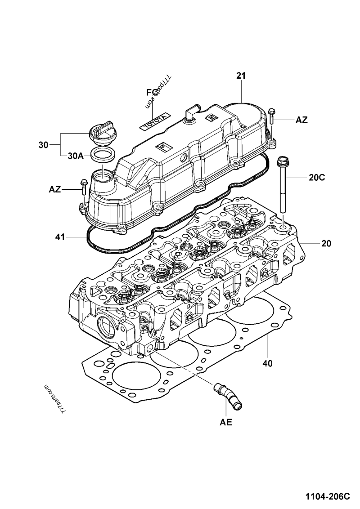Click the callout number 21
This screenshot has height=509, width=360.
(241, 76)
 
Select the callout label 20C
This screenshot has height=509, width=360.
(317, 178)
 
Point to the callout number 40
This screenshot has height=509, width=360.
(267, 362)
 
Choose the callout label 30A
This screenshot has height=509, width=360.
(75, 156)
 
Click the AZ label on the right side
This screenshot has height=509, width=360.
(301, 120)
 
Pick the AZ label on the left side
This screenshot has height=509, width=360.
(55, 190)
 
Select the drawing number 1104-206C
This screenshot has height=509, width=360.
(327, 496)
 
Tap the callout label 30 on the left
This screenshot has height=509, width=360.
(43, 145)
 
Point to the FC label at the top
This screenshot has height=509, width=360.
(152, 92)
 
